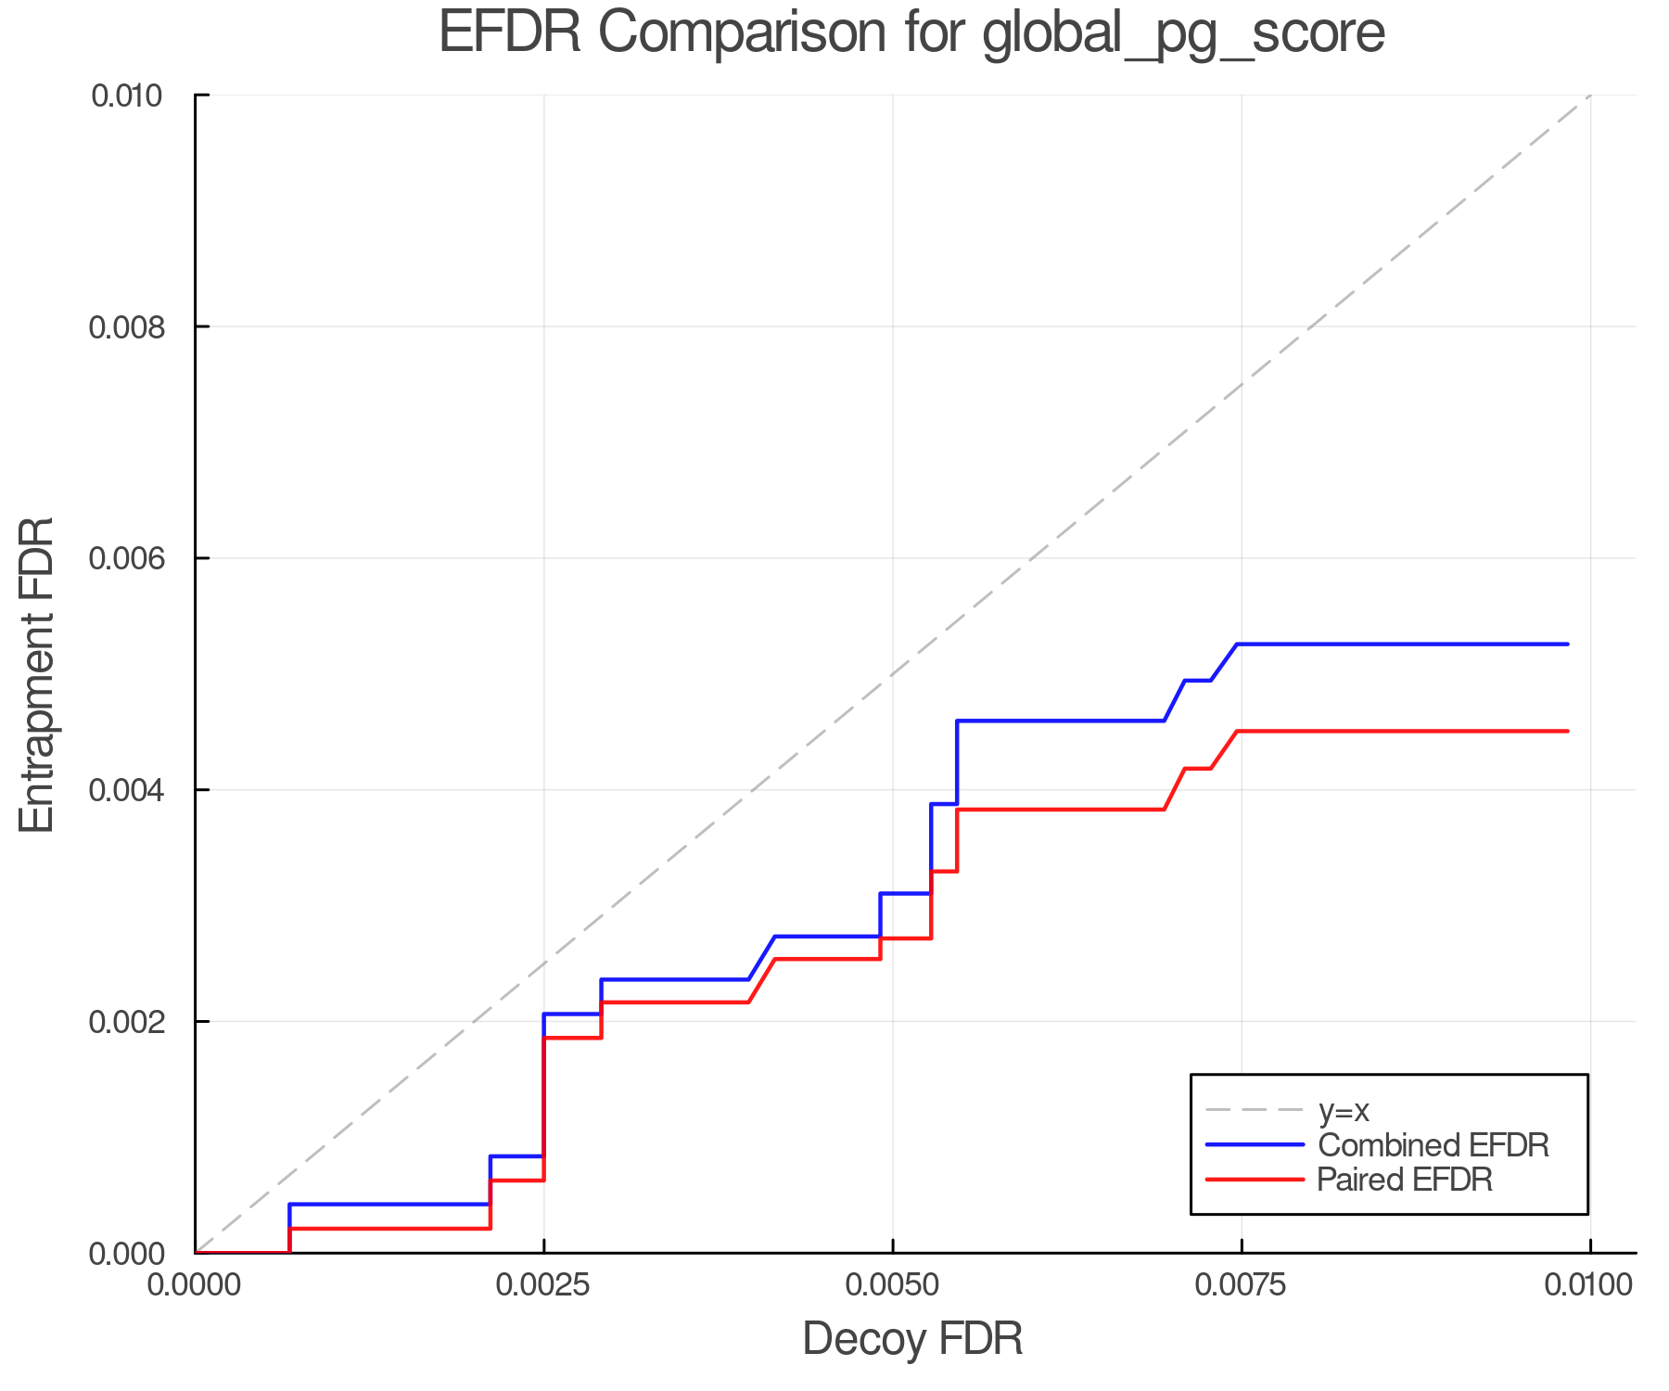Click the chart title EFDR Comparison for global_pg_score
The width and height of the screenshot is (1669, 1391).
911,33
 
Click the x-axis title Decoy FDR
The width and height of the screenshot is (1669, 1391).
912,1338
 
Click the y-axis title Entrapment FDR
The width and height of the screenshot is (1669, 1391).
38,674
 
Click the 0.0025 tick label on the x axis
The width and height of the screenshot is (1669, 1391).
543,1285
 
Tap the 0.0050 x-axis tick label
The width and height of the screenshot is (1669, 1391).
892,1285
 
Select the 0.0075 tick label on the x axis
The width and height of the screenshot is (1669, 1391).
1241,1285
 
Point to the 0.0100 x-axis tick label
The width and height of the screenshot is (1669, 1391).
1589,1285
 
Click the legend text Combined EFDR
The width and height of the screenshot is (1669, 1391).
1433,1145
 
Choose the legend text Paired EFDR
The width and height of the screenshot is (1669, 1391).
1405,1180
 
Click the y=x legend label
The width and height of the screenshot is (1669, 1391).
1344,1110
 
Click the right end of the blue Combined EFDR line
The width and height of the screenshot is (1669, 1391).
1567,644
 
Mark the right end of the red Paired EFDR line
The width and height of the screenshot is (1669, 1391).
1567,732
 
